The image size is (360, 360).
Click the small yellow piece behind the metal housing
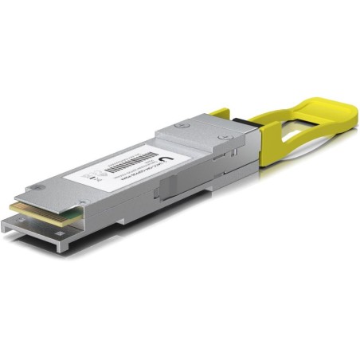click(x=221, y=114)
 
